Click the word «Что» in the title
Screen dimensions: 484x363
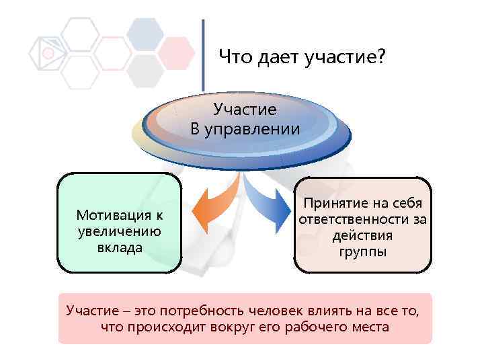click(x=235, y=60)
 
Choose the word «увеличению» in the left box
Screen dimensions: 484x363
click(x=119, y=232)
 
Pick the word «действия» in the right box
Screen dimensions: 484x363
click(x=363, y=236)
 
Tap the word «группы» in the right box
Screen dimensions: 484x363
click(x=363, y=252)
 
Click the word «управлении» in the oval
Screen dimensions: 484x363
click(x=255, y=129)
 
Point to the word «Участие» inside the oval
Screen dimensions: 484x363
click(x=245, y=109)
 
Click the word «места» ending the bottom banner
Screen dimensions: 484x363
click(x=370, y=327)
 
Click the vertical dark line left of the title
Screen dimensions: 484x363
click(x=203, y=54)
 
